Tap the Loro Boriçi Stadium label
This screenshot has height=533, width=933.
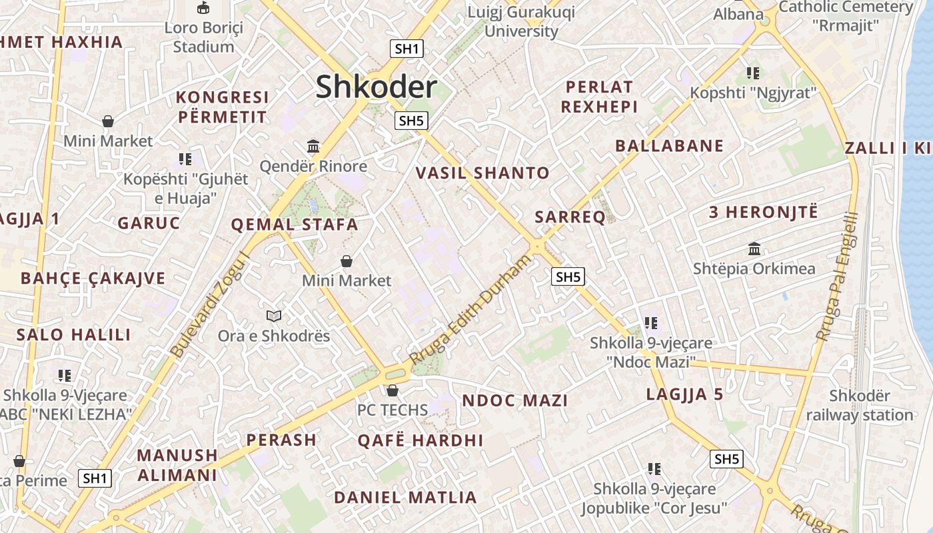coord(203,37)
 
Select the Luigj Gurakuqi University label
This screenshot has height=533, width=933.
coord(521,21)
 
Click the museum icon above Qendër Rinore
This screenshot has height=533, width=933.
coord(313,146)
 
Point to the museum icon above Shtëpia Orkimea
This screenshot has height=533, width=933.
coord(754,249)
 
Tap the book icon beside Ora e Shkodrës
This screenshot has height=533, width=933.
coord(273,316)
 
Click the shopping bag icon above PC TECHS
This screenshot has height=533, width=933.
coord(393,390)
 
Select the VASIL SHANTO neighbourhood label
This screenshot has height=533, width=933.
coord(482,173)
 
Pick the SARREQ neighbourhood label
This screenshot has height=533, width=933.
coord(570,217)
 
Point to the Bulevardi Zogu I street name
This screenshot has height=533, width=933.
coord(210,304)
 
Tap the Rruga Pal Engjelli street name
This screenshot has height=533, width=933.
coord(837,276)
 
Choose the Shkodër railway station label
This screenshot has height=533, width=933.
coord(860,405)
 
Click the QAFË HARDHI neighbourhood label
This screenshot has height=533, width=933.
coord(420,440)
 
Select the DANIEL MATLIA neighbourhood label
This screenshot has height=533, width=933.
coord(405,498)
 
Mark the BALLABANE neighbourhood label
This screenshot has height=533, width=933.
coord(669,146)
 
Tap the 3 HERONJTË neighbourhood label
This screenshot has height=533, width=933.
coord(763,213)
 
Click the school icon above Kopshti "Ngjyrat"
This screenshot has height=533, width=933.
coord(753,73)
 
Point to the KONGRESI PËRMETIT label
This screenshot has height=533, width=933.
coord(222,107)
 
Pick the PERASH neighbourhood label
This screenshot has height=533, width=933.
coord(281,440)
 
